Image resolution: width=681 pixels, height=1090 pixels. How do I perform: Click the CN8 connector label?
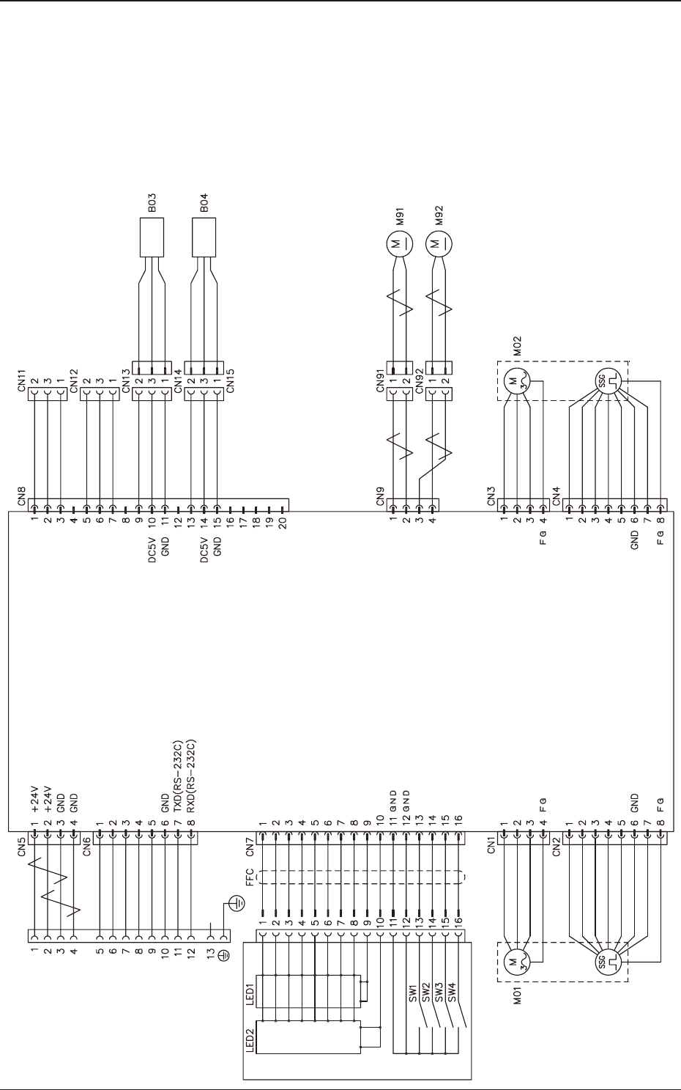point(23,497)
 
